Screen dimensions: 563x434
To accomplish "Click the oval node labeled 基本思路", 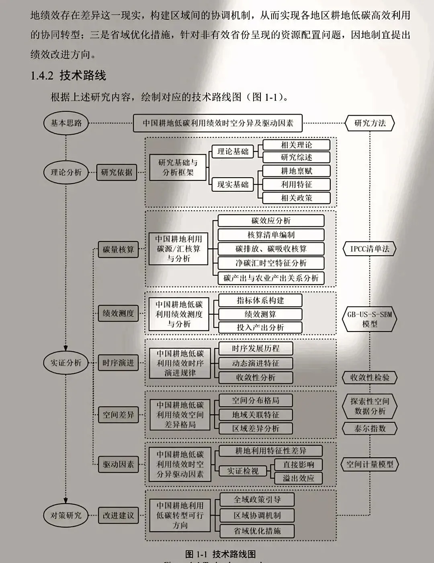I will coord(66,123).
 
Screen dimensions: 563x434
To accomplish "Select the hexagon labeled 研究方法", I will coord(370,123).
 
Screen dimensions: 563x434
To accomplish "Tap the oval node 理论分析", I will coord(66,172).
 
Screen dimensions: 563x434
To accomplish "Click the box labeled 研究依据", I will coord(117,172).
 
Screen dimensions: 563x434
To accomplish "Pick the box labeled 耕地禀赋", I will coord(296,171).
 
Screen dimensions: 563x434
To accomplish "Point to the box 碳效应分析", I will coord(271,221).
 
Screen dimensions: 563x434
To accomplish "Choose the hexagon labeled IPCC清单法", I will coord(370,249).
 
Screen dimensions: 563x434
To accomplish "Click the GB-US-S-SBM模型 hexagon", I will coord(370,319).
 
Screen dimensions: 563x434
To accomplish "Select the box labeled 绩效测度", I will coord(118,313).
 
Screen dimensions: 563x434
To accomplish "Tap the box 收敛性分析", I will coord(256,377).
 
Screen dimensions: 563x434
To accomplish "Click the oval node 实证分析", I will coord(66,362).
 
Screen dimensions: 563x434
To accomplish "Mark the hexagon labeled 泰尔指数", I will coord(370,428).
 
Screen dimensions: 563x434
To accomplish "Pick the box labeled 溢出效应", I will coord(298,478).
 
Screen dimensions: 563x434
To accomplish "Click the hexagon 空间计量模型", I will coord(370,464).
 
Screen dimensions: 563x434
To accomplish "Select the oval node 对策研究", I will coord(66,515).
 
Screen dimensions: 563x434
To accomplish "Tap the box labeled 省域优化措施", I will coord(257,531).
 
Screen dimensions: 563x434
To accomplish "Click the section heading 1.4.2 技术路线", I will coord(68,75).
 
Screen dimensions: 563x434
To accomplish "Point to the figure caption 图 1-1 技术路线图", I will coord(221,554).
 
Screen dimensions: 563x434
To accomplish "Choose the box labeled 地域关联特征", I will coord(256,414).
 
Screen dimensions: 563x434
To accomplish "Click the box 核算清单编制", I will coord(271,235).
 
